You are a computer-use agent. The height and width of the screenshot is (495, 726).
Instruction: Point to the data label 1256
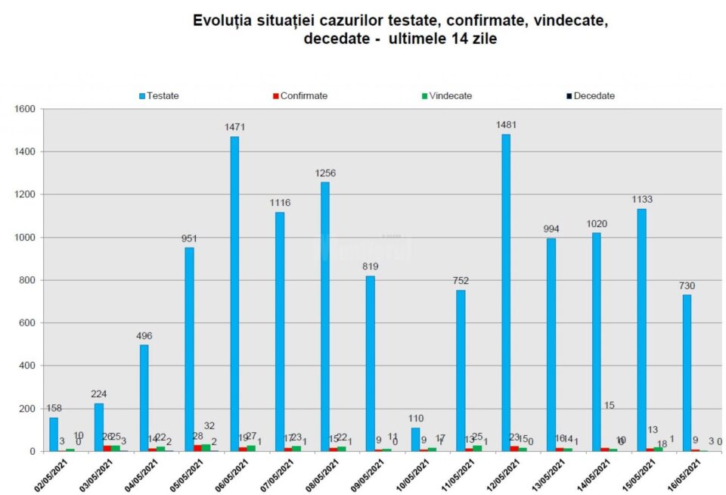tap(325, 173)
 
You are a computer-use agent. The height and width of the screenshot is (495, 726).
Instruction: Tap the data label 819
tap(370, 267)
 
